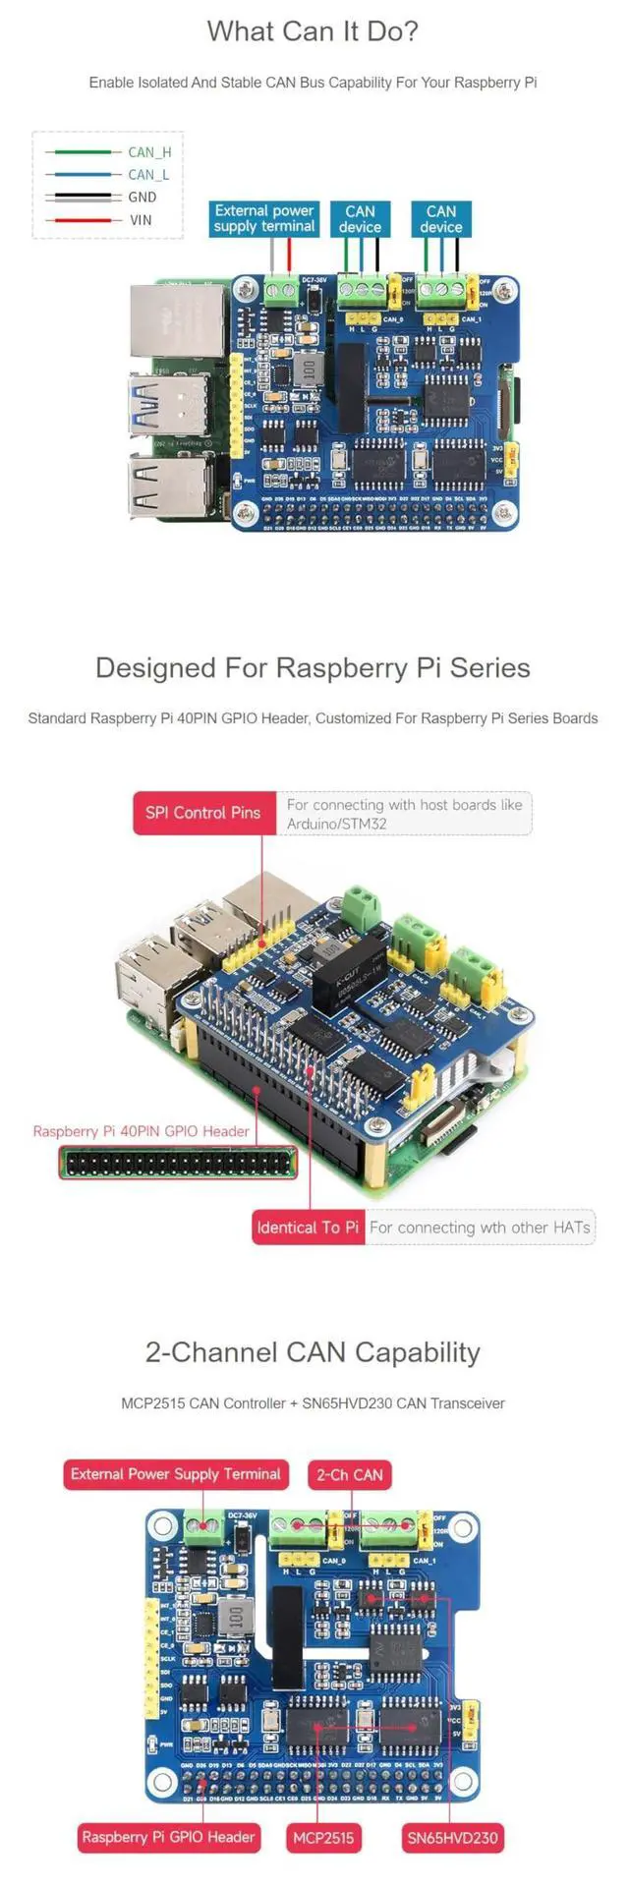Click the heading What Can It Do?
click(x=313, y=31)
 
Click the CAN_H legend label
click(x=149, y=152)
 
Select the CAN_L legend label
click(x=148, y=175)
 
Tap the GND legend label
click(x=143, y=198)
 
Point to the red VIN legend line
click(x=83, y=220)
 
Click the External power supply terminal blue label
click(x=264, y=219)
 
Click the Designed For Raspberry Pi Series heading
click(x=313, y=668)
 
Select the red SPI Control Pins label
click(x=203, y=813)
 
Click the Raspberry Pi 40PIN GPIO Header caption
click(x=142, y=1131)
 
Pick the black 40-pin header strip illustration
click(x=178, y=1163)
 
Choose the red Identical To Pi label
click(x=308, y=1228)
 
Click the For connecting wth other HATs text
click(x=480, y=1228)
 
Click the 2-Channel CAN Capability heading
click(x=313, y=1353)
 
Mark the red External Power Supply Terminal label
click(x=176, y=1474)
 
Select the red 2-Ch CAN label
click(x=350, y=1475)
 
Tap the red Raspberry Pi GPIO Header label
click(x=168, y=1837)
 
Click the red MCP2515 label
click(x=322, y=1837)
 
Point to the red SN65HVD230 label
click(x=453, y=1837)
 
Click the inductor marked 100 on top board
click(x=309, y=371)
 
